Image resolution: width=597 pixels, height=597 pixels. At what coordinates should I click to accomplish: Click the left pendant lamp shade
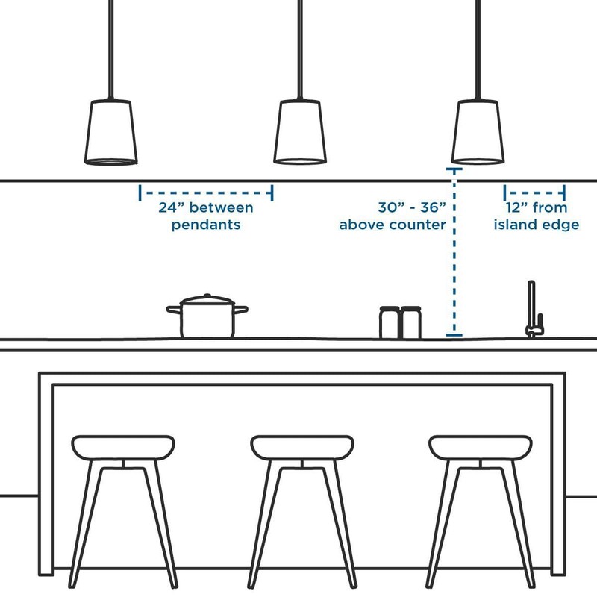[x=110, y=132]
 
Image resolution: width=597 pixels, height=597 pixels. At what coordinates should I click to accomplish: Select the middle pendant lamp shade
[x=300, y=132]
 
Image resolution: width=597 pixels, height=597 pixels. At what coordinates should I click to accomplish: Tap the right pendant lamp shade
[x=477, y=132]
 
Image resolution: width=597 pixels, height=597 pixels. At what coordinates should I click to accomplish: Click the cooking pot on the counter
[x=207, y=319]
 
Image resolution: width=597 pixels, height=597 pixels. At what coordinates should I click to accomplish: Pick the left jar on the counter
[x=390, y=322]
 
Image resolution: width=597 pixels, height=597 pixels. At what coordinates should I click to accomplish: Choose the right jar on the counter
[x=410, y=322]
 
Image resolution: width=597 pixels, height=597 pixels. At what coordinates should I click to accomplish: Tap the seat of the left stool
[x=124, y=447]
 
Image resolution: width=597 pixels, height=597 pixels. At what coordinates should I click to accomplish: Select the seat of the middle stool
[x=301, y=447]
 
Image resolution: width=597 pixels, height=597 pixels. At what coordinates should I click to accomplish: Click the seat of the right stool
[x=480, y=447]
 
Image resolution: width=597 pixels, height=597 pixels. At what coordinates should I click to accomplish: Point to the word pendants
[x=206, y=225]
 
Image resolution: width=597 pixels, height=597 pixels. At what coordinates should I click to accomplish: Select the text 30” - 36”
[x=411, y=208]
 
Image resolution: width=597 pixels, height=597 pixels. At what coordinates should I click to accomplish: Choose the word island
[x=515, y=225]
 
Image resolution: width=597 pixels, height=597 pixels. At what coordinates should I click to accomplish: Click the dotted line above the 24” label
[x=206, y=193]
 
